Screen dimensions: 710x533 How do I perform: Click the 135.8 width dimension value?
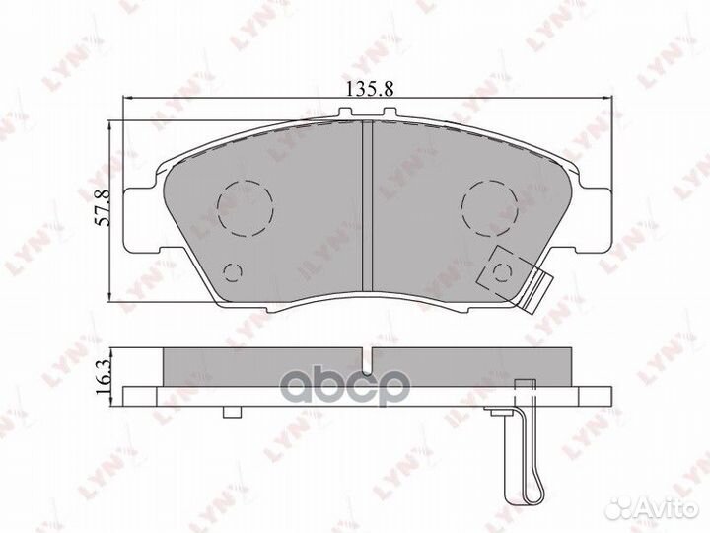pyautogui.click(x=370, y=89)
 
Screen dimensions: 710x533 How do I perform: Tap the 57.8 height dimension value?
pyautogui.click(x=104, y=207)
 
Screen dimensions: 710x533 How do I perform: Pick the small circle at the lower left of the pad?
pyautogui.click(x=233, y=272)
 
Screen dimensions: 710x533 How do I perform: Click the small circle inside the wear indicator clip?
pyautogui.click(x=502, y=272)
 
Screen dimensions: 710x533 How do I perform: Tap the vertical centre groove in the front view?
pyautogui.click(x=367, y=206)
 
